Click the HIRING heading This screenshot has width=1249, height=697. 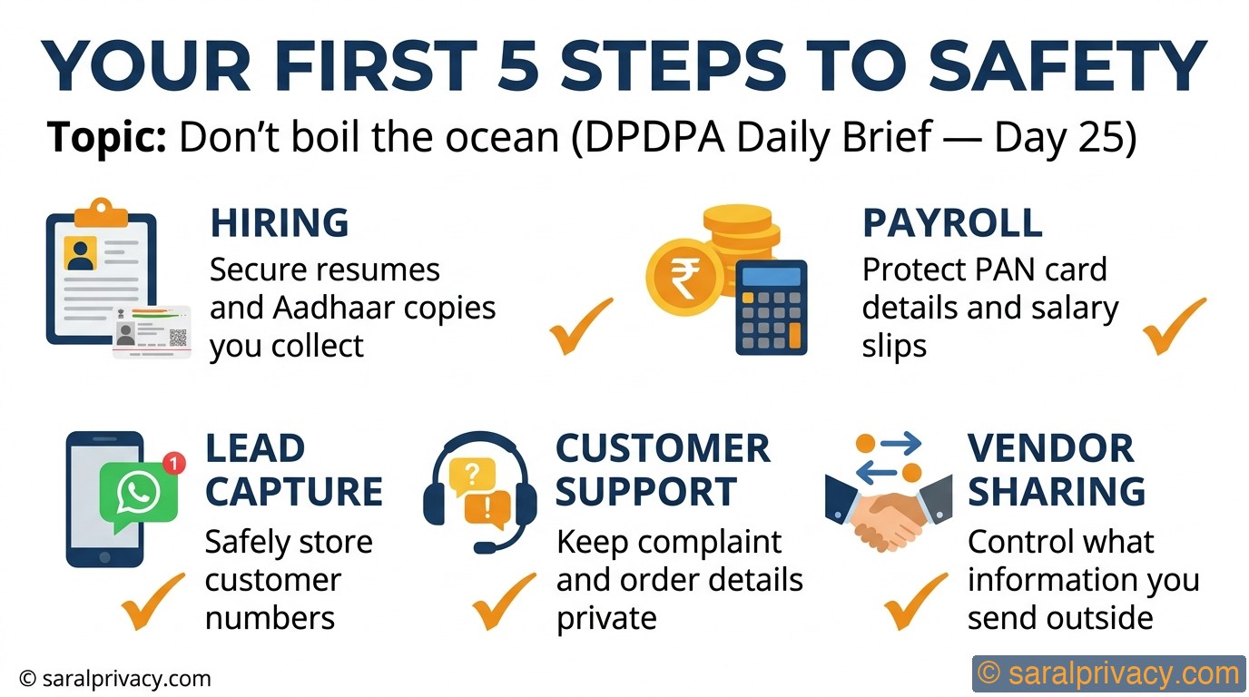pyautogui.click(x=280, y=223)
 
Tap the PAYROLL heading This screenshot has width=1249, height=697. pyautogui.click(x=952, y=223)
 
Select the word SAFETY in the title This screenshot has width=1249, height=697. pyautogui.click(x=1067, y=65)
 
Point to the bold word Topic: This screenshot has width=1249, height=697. pyautogui.click(x=106, y=137)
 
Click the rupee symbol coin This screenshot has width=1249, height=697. pyautogui.click(x=685, y=277)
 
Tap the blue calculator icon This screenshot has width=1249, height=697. pyautogui.click(x=772, y=308)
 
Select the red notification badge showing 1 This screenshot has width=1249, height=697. pyautogui.click(x=174, y=463)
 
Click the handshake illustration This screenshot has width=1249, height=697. pyautogui.click(x=889, y=513)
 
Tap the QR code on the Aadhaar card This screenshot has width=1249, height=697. pyautogui.click(x=178, y=338)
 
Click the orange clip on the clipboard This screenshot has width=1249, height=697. pyautogui.click(x=101, y=213)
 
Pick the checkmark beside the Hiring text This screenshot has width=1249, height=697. pyautogui.click(x=580, y=326)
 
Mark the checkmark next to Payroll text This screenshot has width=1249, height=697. pyautogui.click(x=1174, y=326)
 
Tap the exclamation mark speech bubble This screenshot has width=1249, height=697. pyautogui.click(x=488, y=508)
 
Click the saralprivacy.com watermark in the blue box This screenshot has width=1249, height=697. pyautogui.click(x=1108, y=674)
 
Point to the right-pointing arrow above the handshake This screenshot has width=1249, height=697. pyautogui.click(x=901, y=445)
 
